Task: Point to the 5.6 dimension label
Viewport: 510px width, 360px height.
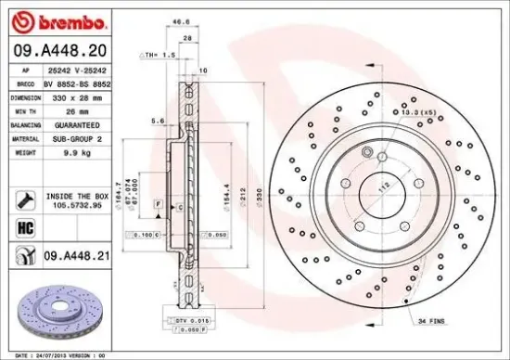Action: pos(159,121)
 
